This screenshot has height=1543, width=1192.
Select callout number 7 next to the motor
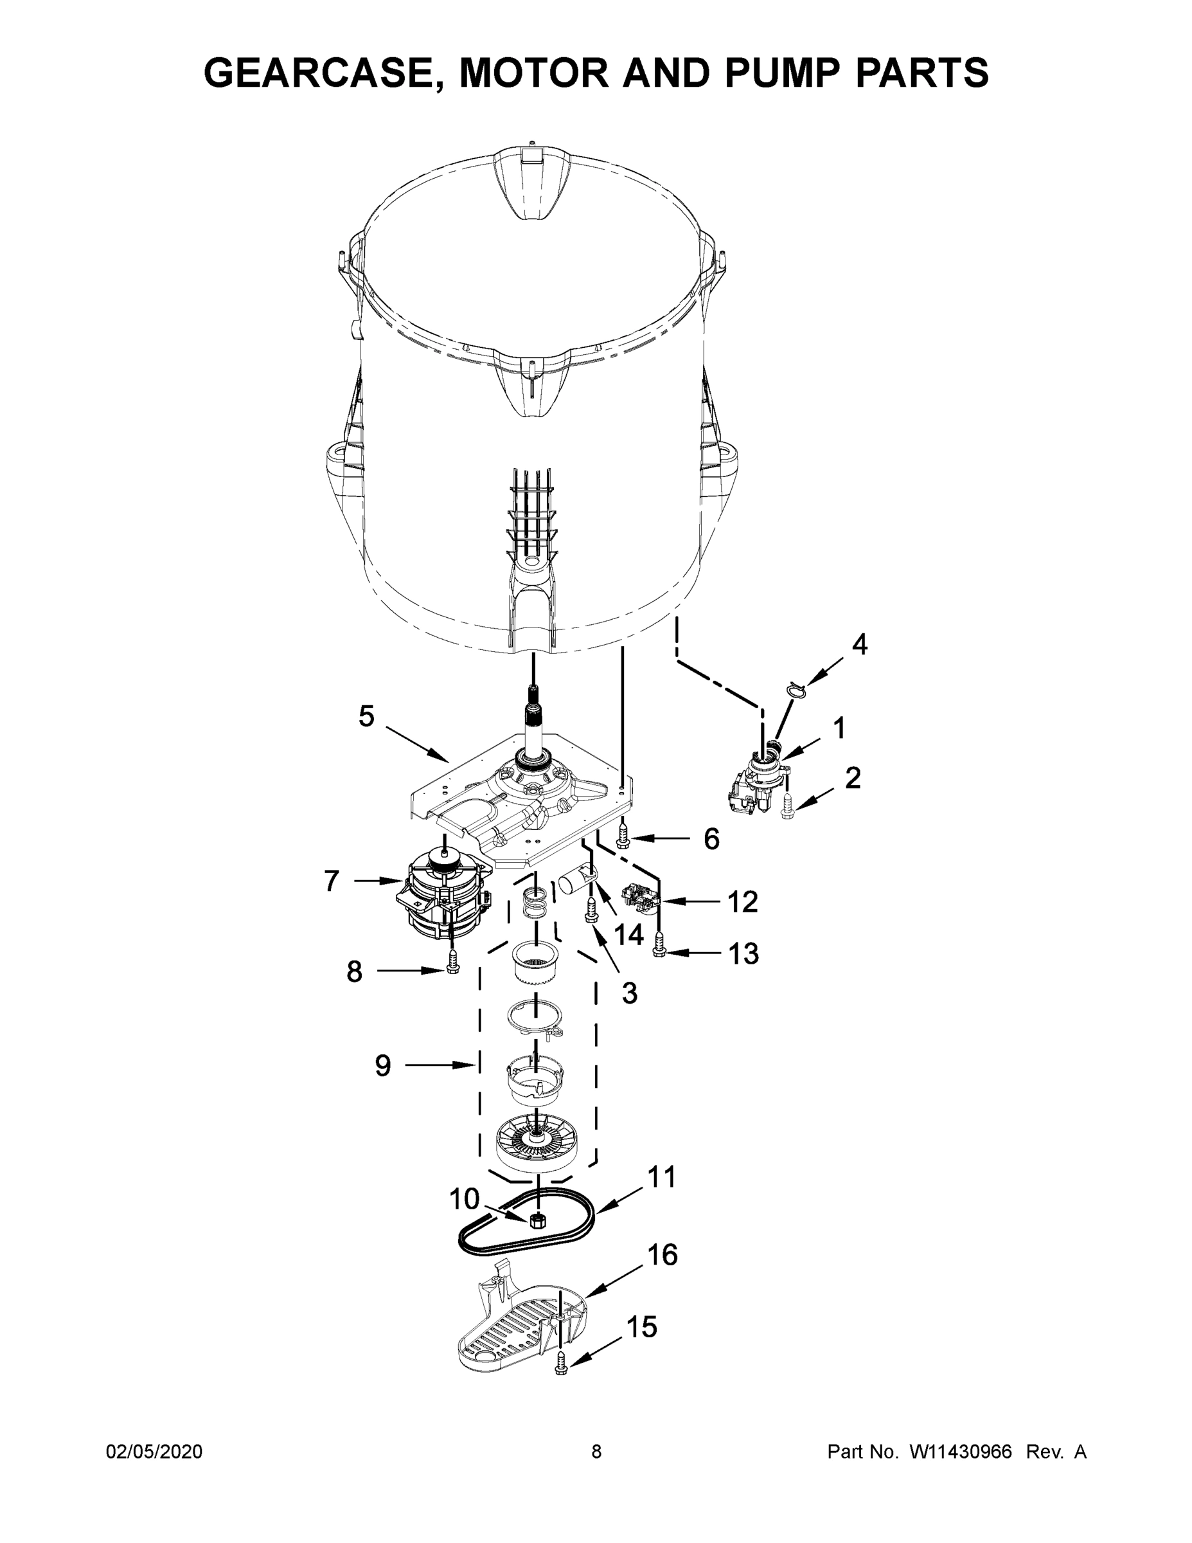[x=332, y=881]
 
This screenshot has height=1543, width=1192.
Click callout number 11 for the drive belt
[x=662, y=1177]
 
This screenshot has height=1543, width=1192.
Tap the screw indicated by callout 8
[x=452, y=961]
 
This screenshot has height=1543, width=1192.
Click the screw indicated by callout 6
[x=623, y=835]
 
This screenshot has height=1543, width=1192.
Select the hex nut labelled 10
[x=537, y=1220]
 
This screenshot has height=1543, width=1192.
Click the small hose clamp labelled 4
[x=795, y=688]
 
